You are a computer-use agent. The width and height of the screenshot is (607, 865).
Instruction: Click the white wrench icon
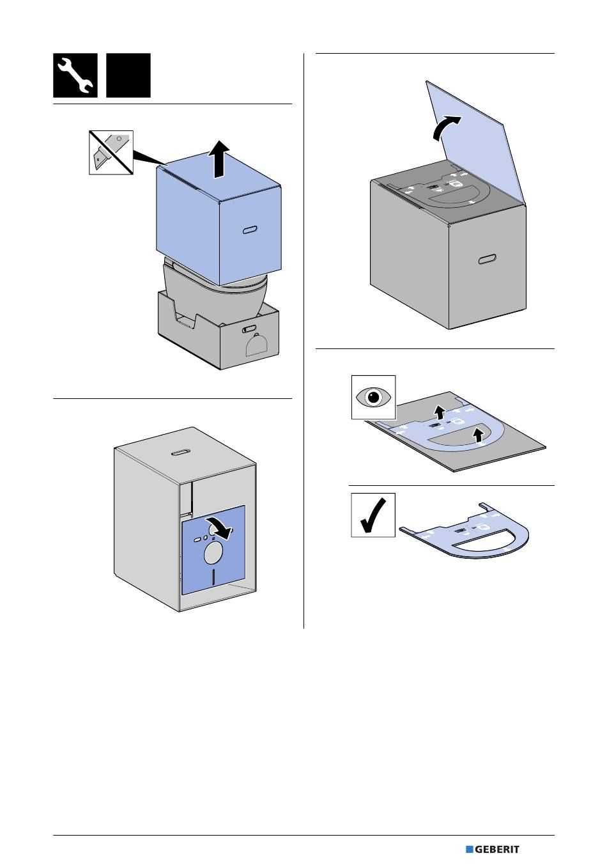point(75,75)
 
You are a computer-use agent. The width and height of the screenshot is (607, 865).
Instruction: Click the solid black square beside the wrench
point(128,75)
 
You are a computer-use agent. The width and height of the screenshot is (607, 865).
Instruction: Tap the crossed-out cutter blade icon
point(111,152)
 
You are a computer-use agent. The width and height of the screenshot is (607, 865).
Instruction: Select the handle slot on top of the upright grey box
point(181,452)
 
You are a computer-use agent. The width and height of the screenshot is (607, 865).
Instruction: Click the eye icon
point(374,398)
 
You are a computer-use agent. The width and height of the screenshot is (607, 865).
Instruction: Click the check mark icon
point(373,515)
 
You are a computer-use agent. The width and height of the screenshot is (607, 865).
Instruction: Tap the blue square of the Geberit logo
point(469,850)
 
